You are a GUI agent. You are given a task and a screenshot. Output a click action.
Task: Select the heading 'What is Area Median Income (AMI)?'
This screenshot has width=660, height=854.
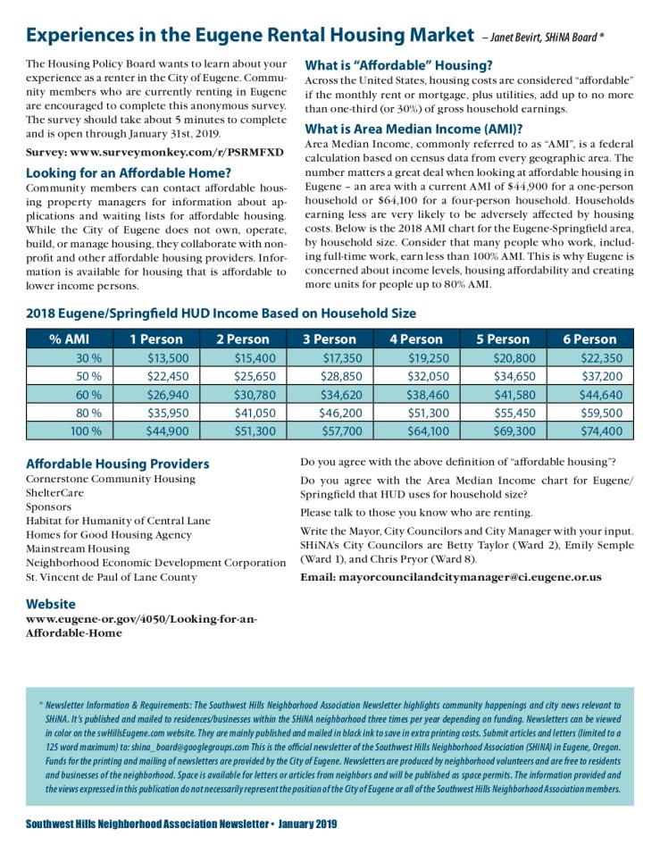click(x=414, y=128)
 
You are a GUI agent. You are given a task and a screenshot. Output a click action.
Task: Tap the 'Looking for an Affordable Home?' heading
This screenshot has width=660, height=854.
click(x=129, y=172)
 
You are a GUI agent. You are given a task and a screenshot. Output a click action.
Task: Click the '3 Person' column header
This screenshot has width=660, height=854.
click(x=330, y=339)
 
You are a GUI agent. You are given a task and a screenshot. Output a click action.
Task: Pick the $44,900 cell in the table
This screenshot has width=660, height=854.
click(x=167, y=431)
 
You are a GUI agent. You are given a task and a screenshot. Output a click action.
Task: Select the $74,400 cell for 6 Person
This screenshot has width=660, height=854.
click(x=600, y=431)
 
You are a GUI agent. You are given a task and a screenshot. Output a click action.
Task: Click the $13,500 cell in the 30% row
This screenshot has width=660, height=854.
click(x=167, y=357)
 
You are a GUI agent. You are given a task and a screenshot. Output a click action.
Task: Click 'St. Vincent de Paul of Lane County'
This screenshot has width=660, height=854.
click(x=112, y=577)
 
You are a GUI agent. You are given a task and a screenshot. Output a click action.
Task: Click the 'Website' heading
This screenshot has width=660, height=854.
click(x=52, y=603)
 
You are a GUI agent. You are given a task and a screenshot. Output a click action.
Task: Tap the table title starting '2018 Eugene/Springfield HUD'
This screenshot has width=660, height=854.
click(x=221, y=314)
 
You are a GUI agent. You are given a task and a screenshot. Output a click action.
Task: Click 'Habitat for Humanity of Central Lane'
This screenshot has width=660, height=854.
click(x=118, y=521)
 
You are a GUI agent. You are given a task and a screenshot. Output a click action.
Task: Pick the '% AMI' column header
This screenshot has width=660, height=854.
click(x=69, y=339)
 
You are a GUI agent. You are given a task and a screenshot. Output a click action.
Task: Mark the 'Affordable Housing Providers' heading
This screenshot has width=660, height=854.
click(x=118, y=464)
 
